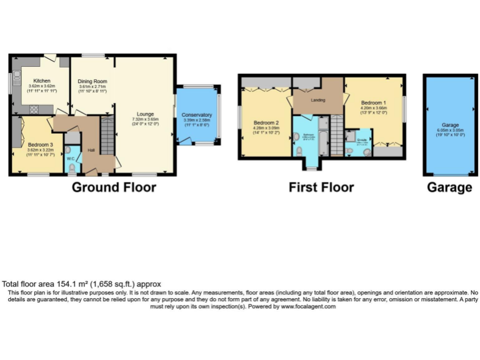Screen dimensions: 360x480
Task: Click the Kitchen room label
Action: (42, 81)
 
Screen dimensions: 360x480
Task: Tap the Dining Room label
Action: (92, 81)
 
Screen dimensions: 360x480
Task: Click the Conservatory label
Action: (197, 115)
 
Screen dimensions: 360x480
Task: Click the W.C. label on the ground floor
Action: (70, 157)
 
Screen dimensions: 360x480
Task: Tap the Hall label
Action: (91, 150)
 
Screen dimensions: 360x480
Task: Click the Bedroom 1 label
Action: (373, 102)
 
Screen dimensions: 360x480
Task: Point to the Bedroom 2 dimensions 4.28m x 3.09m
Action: (266, 127)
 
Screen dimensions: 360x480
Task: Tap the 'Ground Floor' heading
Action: (114, 187)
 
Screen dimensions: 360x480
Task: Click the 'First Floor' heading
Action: (321, 187)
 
